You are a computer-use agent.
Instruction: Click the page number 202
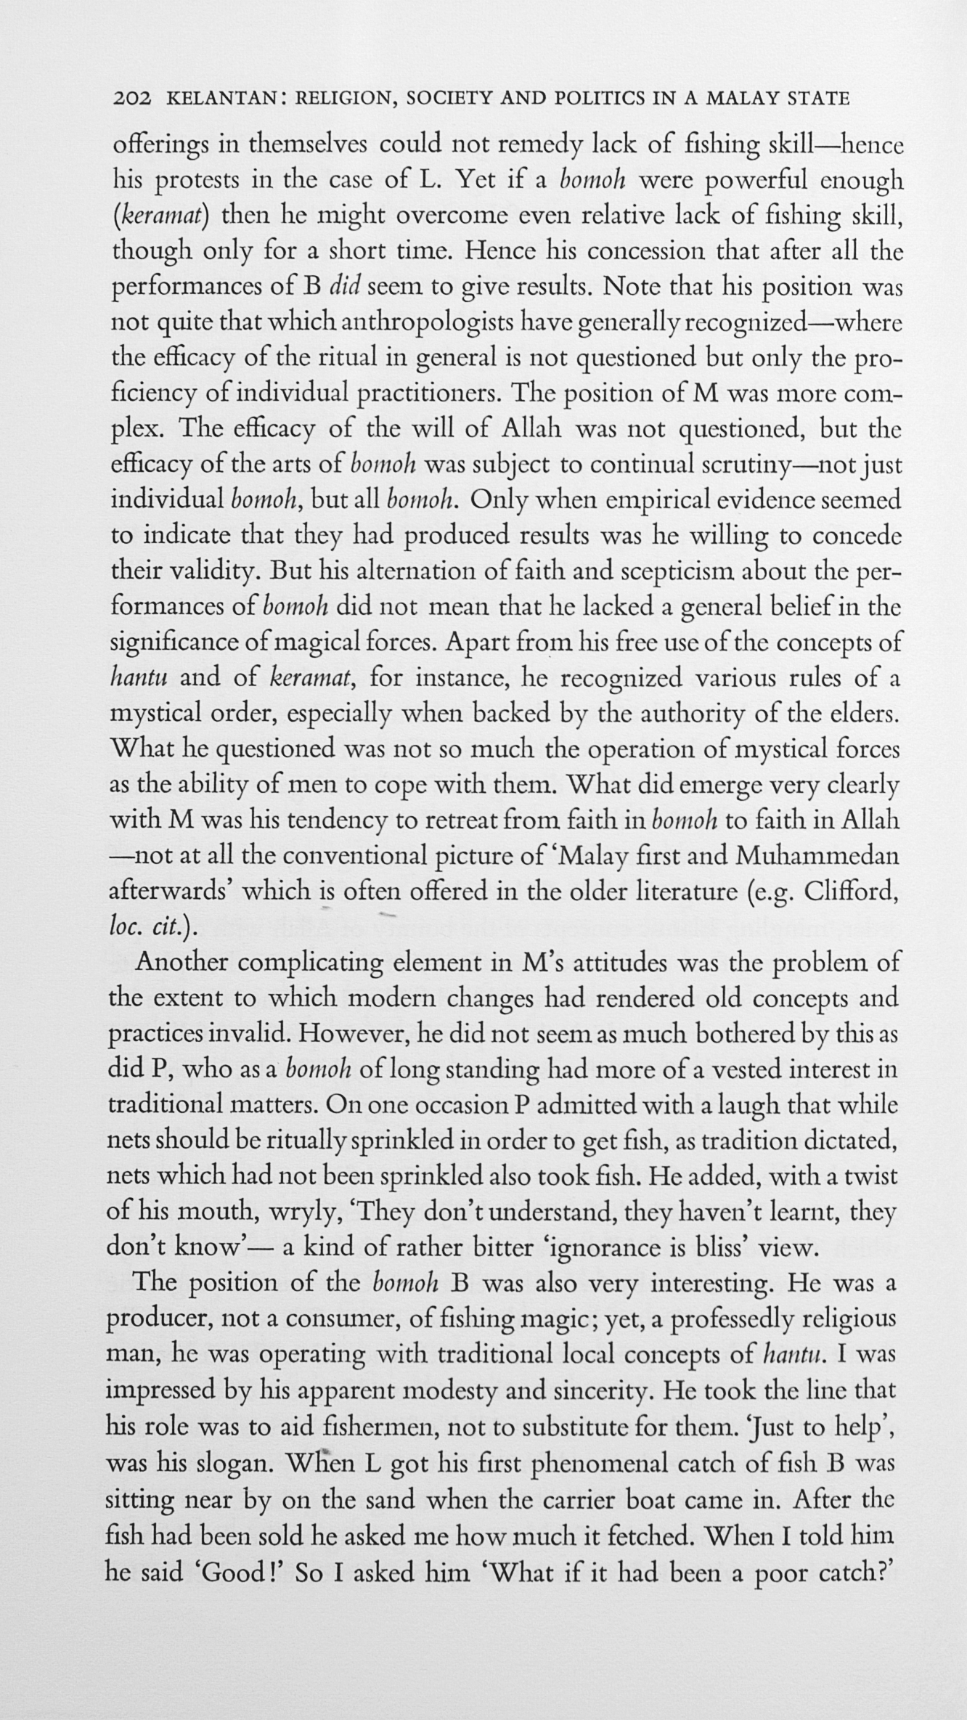[x=131, y=99]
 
